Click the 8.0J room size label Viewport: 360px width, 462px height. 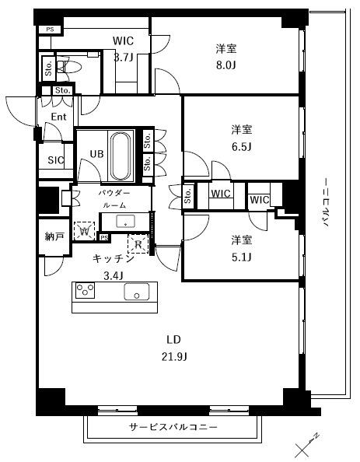tap(226, 65)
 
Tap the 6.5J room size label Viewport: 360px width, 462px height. tap(241, 146)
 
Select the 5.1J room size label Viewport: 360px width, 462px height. tap(241, 257)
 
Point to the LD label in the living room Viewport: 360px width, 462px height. tap(173, 340)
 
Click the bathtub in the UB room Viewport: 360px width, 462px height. tap(121, 156)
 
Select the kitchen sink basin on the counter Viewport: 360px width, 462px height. tap(136, 292)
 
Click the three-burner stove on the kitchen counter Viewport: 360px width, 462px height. tap(85, 290)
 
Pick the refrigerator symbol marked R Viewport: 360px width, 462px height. tap(138, 243)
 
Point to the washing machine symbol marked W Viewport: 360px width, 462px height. tap(84, 231)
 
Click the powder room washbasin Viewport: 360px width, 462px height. tap(125, 221)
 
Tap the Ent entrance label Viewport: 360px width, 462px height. tap(58, 117)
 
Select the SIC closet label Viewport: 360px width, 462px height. tap(56, 160)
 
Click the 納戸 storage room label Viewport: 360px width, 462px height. tap(54, 236)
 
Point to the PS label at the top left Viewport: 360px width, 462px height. tap(50, 30)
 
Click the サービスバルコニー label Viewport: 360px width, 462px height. tap(173, 427)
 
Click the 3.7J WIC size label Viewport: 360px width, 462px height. tap(124, 57)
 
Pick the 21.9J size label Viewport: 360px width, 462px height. tap(174, 356)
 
